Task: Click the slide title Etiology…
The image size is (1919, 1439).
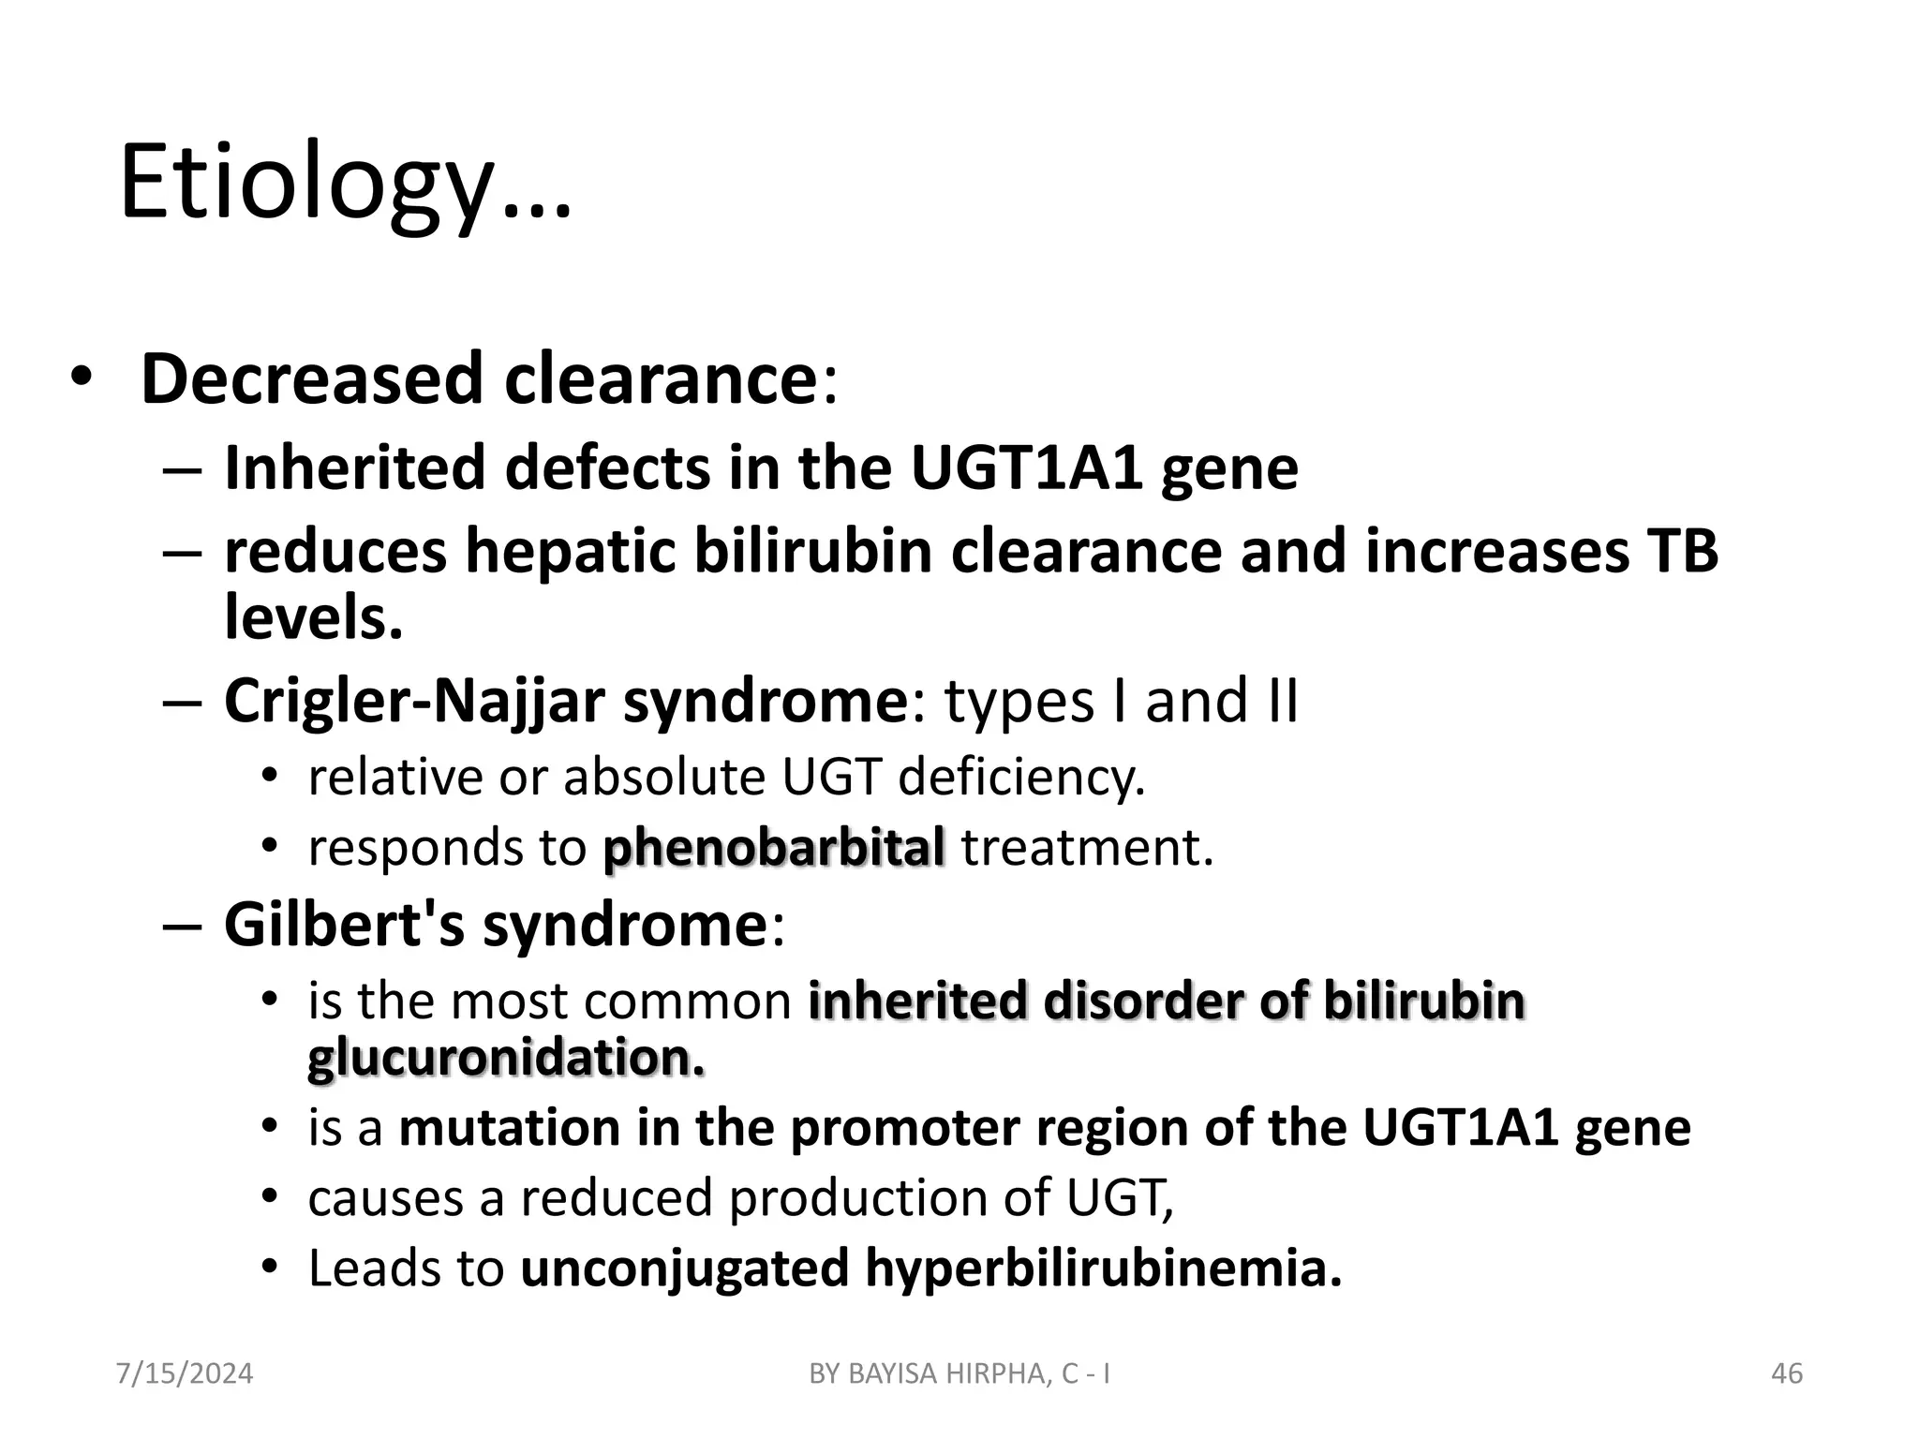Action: pos(345,184)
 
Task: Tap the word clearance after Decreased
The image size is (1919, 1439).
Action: pos(661,379)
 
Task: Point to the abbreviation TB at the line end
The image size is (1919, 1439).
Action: pos(1681,551)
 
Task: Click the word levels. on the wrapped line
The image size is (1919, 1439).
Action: pos(313,619)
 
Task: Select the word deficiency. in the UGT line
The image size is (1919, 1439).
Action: pos(1020,777)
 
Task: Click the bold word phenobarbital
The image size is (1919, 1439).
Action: pos(773,848)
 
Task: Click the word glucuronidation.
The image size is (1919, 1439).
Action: pos(506,1059)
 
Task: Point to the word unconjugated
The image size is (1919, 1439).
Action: pos(684,1268)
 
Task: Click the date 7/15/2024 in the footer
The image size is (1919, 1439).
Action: pos(184,1373)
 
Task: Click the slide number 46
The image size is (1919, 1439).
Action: pos(1787,1373)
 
